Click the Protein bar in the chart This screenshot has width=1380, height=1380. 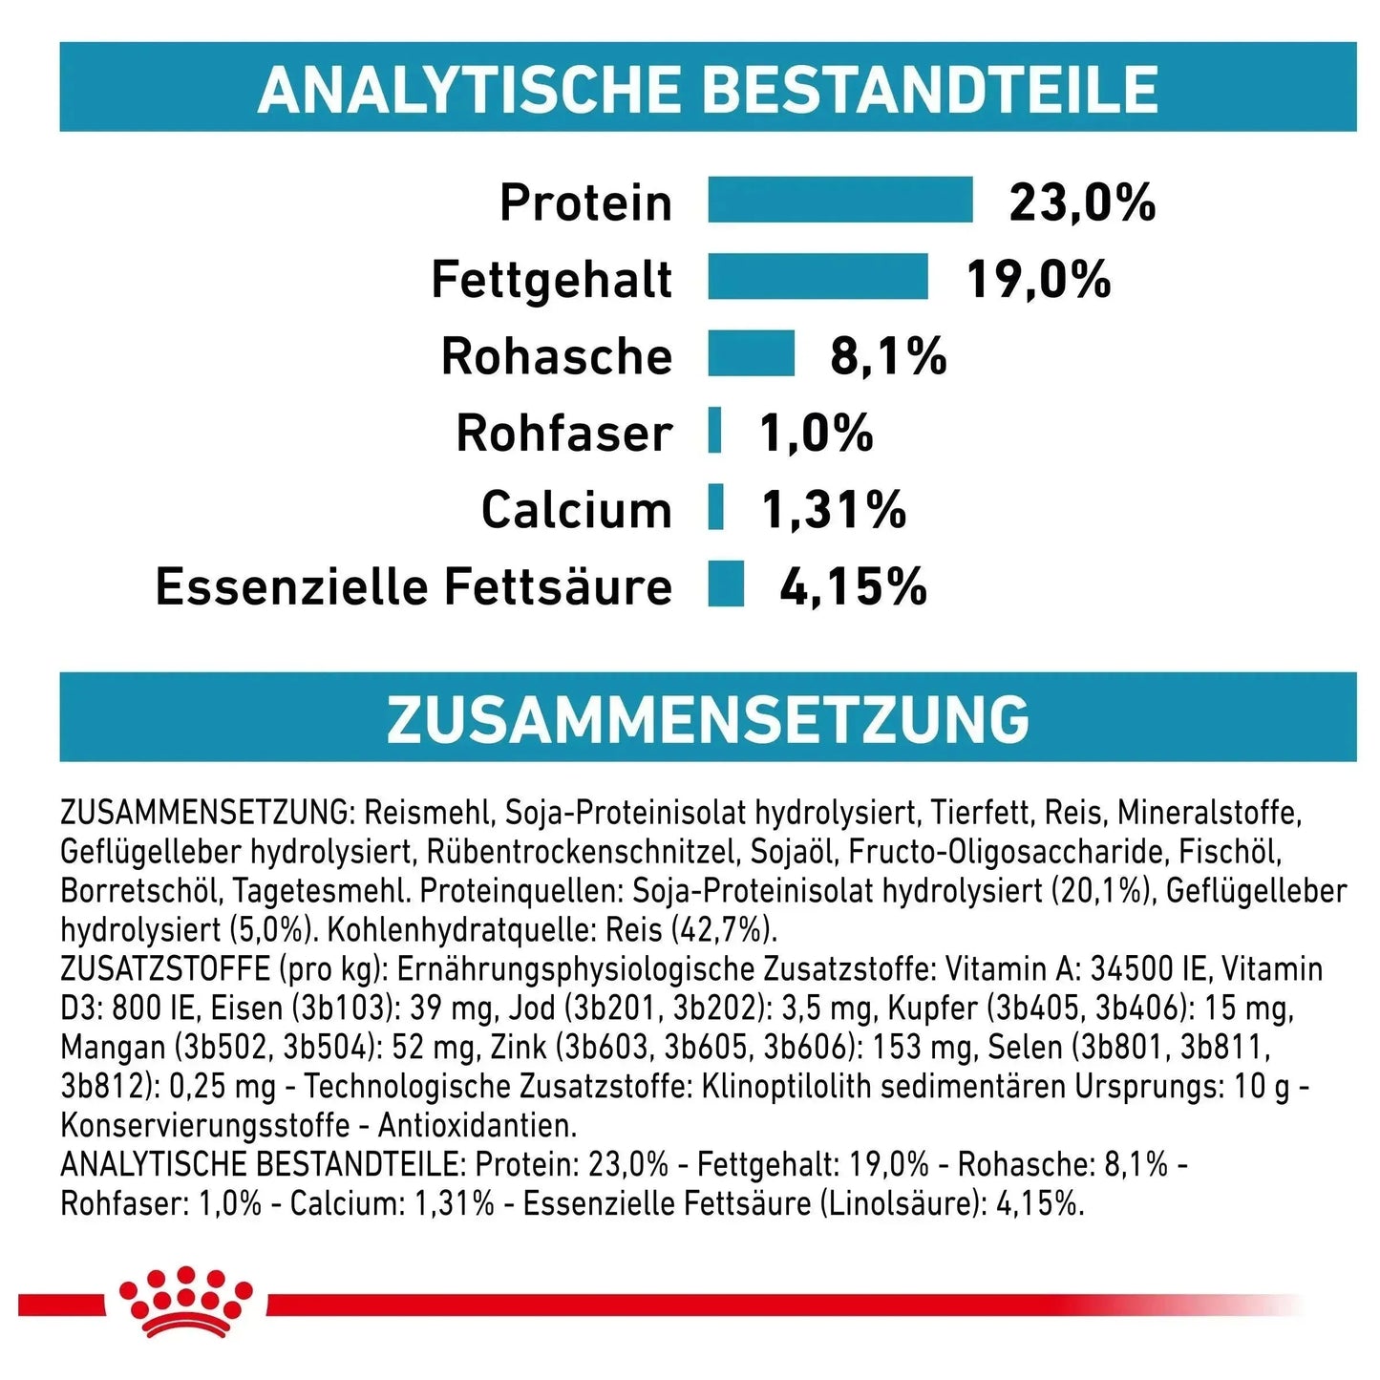[839, 200]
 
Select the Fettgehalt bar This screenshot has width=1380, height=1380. [817, 277]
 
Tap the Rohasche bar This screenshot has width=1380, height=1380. [751, 353]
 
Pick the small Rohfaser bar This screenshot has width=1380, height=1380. [714, 430]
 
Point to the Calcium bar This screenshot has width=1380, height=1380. [715, 507]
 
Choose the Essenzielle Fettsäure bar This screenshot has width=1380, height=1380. [726, 584]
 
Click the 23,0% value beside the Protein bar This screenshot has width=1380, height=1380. [1082, 202]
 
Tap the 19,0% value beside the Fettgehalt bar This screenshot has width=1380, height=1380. [1038, 279]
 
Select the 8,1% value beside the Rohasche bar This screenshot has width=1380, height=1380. [888, 356]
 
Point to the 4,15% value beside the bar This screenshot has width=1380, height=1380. [853, 586]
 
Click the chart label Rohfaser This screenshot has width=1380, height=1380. [563, 433]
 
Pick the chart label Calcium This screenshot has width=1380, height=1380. [576, 509]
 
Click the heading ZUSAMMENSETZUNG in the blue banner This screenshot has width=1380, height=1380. [708, 718]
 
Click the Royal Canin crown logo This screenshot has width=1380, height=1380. [185, 1300]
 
